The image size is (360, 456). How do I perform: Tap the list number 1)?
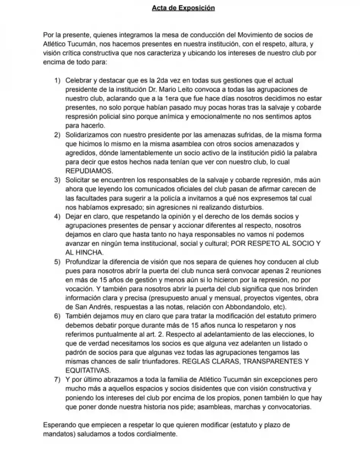click(57, 81)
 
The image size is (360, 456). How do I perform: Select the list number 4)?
click(57, 217)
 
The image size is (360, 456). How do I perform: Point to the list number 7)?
click(57, 380)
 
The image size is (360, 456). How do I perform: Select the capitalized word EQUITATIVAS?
click(88, 370)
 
